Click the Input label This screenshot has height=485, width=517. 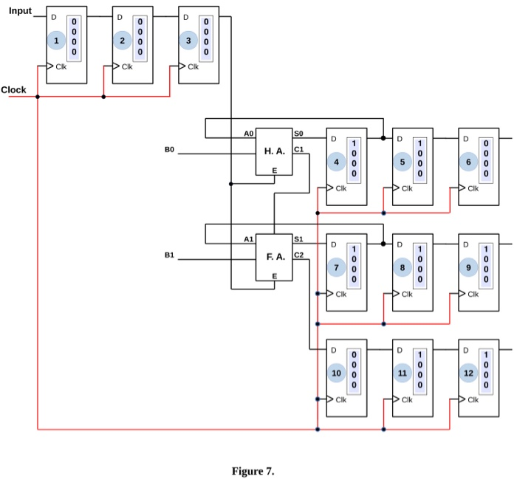tap(20, 10)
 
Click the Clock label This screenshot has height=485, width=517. tap(13, 90)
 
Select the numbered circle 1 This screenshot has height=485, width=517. tap(56, 41)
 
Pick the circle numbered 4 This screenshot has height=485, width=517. tap(337, 162)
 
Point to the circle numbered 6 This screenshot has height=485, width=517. tap(469, 162)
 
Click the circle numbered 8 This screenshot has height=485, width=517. tap(403, 268)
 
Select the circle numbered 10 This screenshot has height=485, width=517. tap(337, 374)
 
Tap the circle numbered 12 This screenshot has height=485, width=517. tap(469, 374)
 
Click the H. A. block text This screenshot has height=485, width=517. tap(274, 151)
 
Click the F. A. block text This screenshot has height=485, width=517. tap(275, 257)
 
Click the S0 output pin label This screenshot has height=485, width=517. tap(298, 134)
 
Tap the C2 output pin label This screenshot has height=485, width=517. tap(298, 255)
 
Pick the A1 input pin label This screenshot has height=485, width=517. tap(248, 240)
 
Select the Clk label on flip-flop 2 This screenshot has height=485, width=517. tap(127, 66)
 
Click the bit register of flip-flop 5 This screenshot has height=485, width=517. tap(420, 157)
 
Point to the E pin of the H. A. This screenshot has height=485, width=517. tap(274, 171)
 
